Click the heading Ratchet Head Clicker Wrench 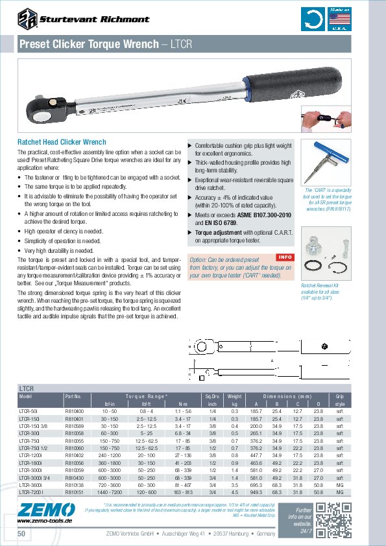pyautogui.click(x=61, y=142)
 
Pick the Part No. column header pyautogui.click(x=73, y=395)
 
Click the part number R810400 pyautogui.click(x=75, y=411)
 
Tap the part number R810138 pyautogui.click(x=75, y=485)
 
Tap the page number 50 pyautogui.click(x=23, y=533)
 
